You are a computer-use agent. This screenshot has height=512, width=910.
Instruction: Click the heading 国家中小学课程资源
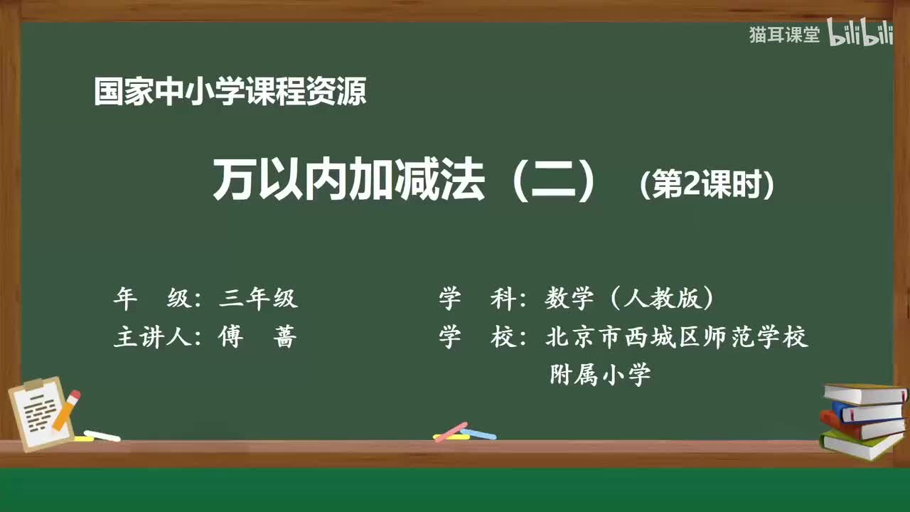(x=230, y=92)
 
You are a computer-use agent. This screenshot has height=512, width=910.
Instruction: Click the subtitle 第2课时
(x=706, y=186)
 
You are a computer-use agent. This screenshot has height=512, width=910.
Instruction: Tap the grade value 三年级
(x=258, y=299)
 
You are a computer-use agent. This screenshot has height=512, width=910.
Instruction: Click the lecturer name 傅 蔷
(x=255, y=337)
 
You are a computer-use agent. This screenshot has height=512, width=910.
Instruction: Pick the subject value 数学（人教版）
(x=629, y=299)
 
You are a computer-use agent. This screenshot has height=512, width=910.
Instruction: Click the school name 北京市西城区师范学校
(x=676, y=337)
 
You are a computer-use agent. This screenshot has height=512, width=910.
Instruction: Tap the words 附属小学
(x=600, y=374)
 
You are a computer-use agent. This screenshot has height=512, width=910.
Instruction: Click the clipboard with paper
(x=39, y=412)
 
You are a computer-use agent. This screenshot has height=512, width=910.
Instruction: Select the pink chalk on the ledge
(x=450, y=432)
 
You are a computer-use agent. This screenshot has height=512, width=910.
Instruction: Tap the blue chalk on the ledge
(x=478, y=434)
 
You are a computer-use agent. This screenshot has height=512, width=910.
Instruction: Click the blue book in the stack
(x=867, y=412)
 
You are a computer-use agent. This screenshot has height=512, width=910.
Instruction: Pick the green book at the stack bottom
(x=860, y=445)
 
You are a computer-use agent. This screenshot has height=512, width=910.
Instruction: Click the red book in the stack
(x=860, y=427)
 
